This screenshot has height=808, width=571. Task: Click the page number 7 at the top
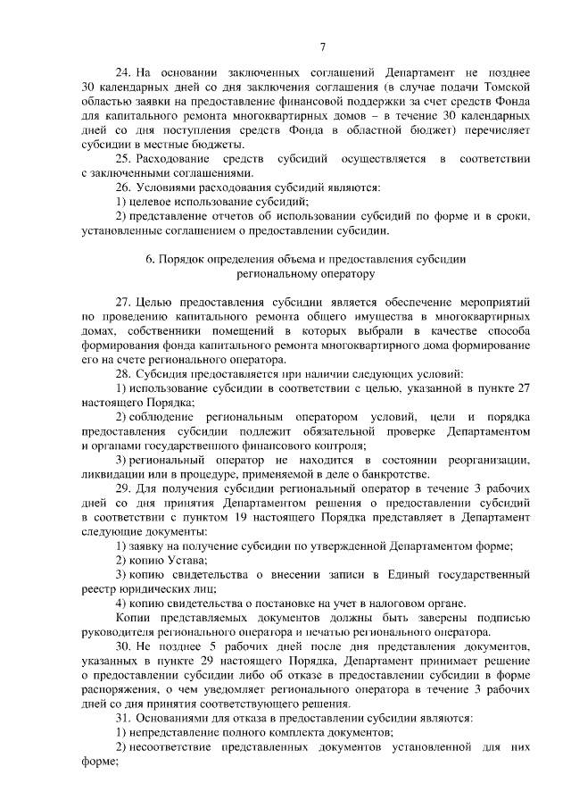tap(323, 46)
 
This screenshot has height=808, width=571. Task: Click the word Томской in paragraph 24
tap(509, 87)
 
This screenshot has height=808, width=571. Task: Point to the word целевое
tap(160, 202)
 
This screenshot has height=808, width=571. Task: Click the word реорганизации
tap(492, 460)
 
